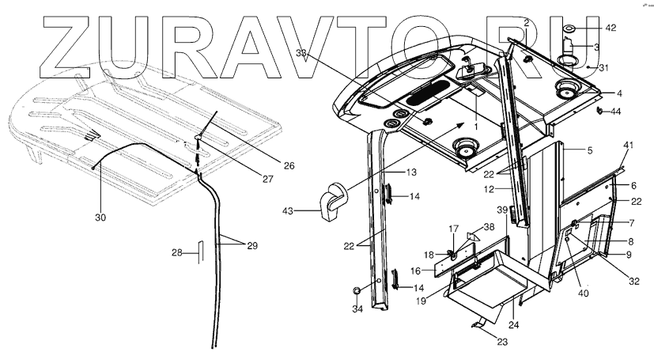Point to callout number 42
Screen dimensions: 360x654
pyautogui.click(x=610, y=28)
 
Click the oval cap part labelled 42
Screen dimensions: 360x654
pyautogui.click(x=568, y=29)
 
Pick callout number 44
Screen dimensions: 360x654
pyautogui.click(x=616, y=111)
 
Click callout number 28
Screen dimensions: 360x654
pyautogui.click(x=178, y=253)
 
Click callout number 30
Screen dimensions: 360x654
pyautogui.click(x=100, y=217)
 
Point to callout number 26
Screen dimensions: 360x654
pyautogui.click(x=289, y=166)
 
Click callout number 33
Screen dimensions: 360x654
pyautogui.click(x=301, y=53)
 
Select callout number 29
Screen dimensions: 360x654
pyautogui.click(x=252, y=246)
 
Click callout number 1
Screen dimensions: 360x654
pyautogui.click(x=475, y=127)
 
